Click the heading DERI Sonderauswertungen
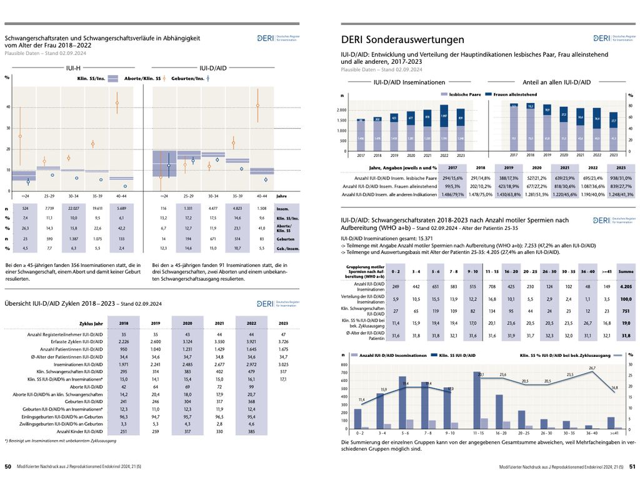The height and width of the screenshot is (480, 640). pyautogui.click(x=402, y=39)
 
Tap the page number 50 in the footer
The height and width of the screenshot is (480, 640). pyautogui.click(x=8, y=466)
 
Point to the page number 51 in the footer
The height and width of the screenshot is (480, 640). pyautogui.click(x=632, y=466)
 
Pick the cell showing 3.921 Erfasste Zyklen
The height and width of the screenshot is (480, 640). pyautogui.click(x=251, y=342)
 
